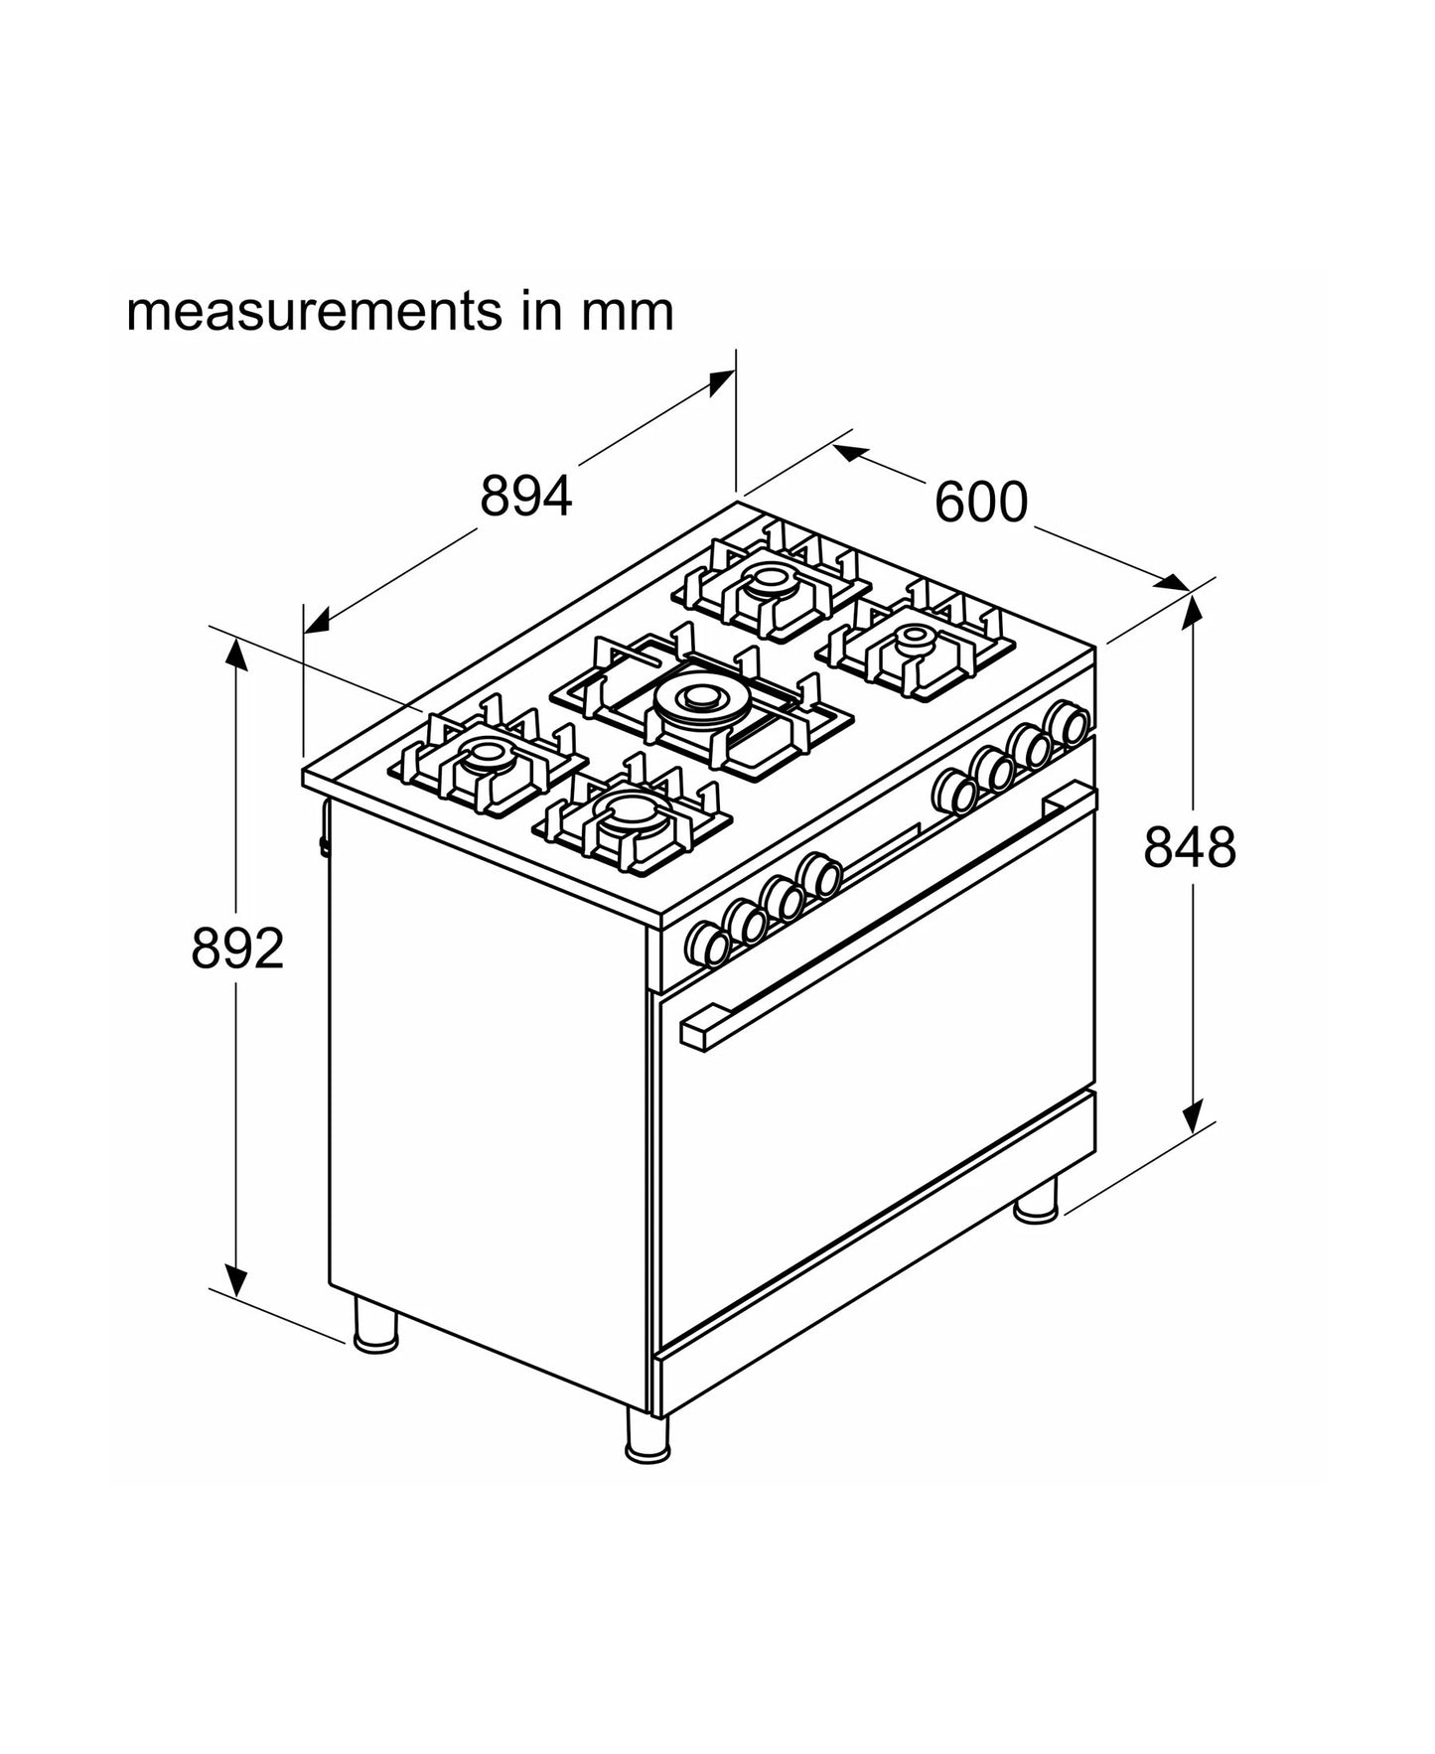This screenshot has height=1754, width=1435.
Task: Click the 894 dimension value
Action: pos(525,496)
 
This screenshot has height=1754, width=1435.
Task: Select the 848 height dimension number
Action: pos(1189,847)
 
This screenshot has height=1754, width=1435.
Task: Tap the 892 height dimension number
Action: pos(237,948)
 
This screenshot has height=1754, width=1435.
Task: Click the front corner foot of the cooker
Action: pos(646,1436)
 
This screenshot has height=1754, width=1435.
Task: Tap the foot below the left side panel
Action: pos(375,1324)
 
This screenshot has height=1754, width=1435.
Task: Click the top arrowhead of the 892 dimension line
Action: pos(236,655)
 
